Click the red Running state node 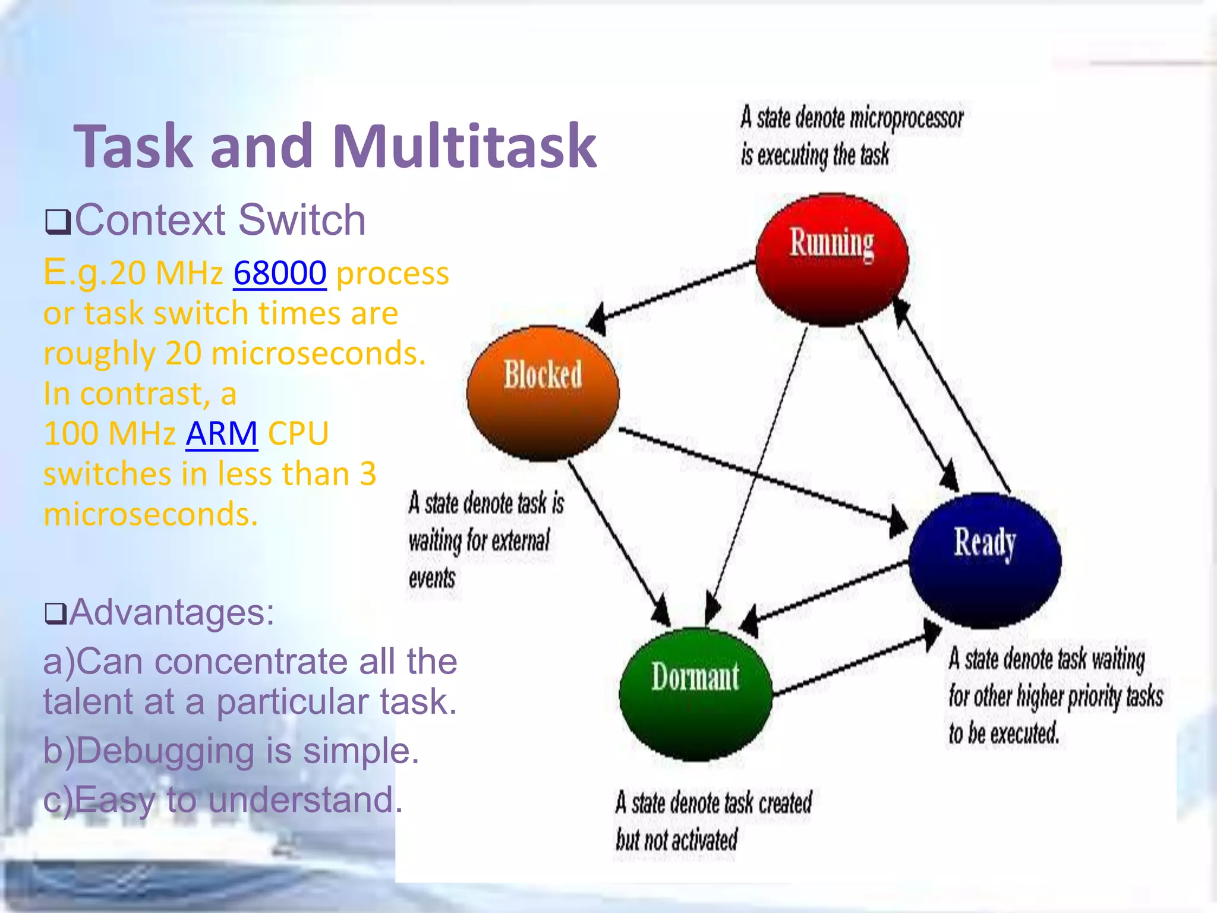832,260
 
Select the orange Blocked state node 543,393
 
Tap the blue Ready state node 985,560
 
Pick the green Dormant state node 695,694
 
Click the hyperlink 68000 279,273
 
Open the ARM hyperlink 222,433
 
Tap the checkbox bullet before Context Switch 58,222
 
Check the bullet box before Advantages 56,613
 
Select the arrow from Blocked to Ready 761,476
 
